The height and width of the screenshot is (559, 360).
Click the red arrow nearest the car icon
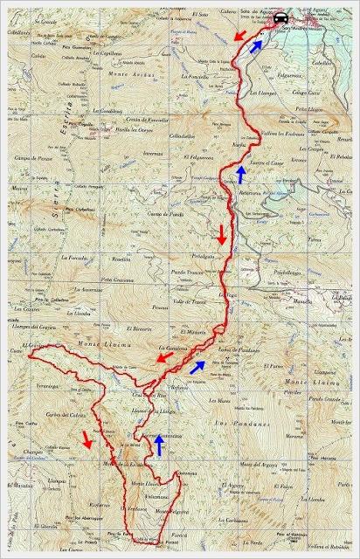[239, 34]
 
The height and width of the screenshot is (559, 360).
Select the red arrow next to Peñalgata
[222, 235]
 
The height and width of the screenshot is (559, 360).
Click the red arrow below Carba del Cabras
[86, 438]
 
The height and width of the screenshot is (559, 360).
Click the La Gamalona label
[172, 347]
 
